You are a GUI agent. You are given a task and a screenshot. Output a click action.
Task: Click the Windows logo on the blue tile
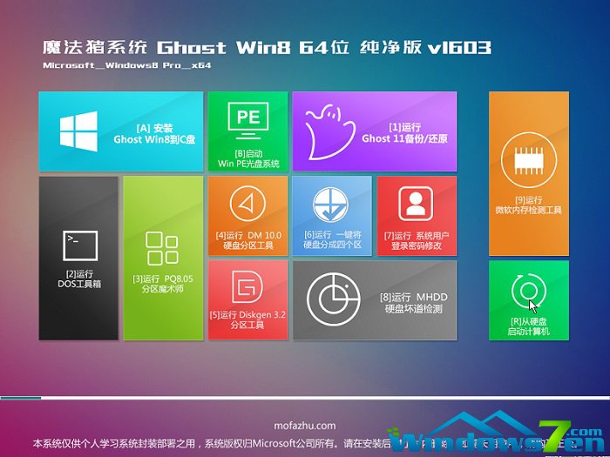click(x=78, y=131)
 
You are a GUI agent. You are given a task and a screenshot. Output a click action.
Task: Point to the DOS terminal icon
click(x=78, y=242)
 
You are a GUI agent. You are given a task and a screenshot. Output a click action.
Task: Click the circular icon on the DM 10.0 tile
click(x=247, y=202)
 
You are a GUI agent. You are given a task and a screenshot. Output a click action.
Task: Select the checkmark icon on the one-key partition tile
click(x=331, y=202)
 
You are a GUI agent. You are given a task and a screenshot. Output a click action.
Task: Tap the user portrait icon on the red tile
click(x=416, y=202)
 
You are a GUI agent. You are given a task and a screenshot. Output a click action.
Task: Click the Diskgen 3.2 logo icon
click(x=247, y=285)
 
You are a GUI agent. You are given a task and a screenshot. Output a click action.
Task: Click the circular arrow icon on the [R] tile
click(x=528, y=289)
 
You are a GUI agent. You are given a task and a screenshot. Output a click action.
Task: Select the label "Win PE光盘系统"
click(x=248, y=163)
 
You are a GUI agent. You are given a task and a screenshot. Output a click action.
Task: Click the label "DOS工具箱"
click(x=78, y=284)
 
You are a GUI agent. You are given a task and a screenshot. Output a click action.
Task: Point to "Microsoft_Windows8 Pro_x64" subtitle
click(x=127, y=65)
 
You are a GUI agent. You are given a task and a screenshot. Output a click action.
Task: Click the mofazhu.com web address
click(x=304, y=426)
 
